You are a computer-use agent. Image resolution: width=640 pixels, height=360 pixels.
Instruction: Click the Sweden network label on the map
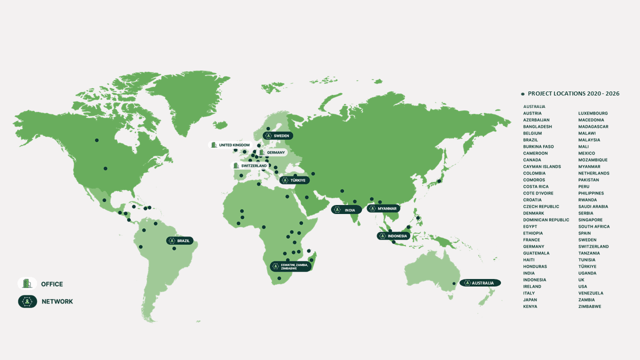[278, 135]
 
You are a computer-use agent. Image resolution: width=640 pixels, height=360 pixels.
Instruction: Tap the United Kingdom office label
[230, 145]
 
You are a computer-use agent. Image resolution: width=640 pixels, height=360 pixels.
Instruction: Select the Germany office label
[272, 152]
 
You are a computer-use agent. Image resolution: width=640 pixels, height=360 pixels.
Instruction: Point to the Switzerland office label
[250, 165]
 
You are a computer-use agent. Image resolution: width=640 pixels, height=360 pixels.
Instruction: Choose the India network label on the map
[346, 210]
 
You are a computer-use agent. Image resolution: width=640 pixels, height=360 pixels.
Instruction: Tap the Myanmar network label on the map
[383, 208]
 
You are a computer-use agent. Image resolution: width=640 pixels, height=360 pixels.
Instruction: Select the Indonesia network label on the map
[393, 236]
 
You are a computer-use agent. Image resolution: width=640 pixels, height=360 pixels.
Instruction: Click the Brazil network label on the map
[179, 240]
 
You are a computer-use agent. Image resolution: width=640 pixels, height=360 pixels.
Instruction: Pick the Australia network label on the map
[480, 283]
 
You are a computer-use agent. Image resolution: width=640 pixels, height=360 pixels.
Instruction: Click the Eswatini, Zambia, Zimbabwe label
[290, 266]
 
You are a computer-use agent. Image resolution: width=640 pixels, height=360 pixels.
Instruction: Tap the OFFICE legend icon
[27, 284]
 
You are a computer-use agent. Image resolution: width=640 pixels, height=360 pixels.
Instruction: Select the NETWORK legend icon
[27, 301]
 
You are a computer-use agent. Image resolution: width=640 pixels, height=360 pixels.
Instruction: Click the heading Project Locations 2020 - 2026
[573, 93]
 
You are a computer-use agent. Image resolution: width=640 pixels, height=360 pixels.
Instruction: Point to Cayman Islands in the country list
[542, 166]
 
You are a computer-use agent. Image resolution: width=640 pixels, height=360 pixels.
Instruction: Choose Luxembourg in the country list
[593, 113]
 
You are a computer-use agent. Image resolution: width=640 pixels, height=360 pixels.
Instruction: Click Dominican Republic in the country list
[546, 220]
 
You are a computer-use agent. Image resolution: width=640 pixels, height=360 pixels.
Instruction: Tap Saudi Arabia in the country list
[593, 206]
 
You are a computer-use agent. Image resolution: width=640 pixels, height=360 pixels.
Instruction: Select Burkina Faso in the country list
[538, 146]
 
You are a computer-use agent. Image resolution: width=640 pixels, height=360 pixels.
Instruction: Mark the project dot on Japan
[439, 181]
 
